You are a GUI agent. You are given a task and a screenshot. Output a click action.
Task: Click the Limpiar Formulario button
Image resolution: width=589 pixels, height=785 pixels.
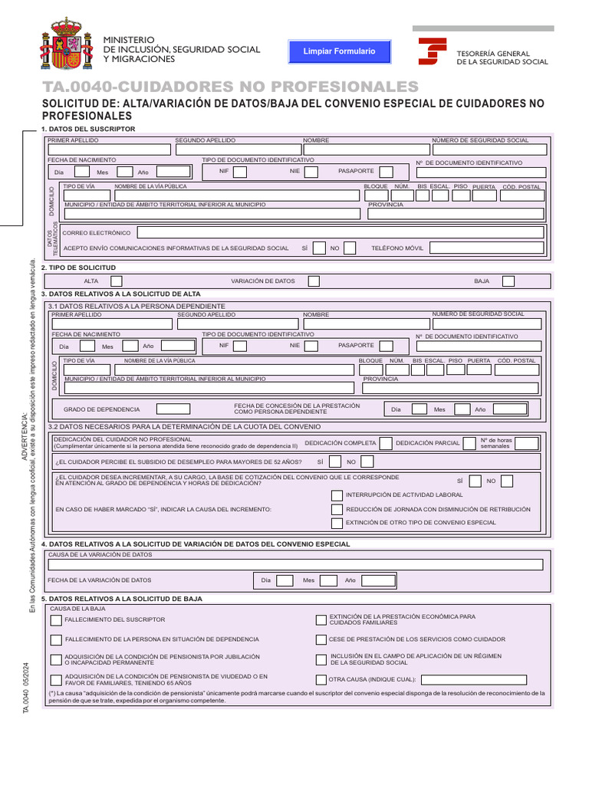coord(340,51)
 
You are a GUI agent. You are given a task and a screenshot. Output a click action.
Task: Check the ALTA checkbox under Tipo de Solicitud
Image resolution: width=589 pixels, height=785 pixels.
coord(117,281)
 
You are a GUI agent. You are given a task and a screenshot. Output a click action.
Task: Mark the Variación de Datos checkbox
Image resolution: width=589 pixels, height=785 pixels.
coord(314,281)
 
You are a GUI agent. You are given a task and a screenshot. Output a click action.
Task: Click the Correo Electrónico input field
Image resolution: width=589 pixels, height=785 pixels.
coord(341,232)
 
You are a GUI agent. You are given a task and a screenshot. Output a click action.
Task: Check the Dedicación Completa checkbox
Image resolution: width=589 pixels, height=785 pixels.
coord(387,443)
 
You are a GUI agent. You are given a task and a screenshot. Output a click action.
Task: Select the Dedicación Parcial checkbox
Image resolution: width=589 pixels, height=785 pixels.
coord(469,443)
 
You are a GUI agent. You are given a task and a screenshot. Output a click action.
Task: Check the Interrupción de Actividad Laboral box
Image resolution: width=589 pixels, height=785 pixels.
coord(337,494)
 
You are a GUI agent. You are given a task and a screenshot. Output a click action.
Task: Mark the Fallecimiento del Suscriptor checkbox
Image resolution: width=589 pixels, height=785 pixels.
coord(56,619)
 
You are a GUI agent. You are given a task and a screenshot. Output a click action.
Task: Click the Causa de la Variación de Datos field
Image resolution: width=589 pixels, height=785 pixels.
coord(295,564)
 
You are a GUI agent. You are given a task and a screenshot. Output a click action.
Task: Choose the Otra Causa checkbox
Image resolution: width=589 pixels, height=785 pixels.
coord(321,679)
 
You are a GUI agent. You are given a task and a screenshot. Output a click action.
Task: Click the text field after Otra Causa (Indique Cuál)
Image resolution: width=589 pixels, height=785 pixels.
coord(473,679)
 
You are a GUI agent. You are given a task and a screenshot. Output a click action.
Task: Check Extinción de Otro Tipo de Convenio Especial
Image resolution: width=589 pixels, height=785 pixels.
coord(337,523)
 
